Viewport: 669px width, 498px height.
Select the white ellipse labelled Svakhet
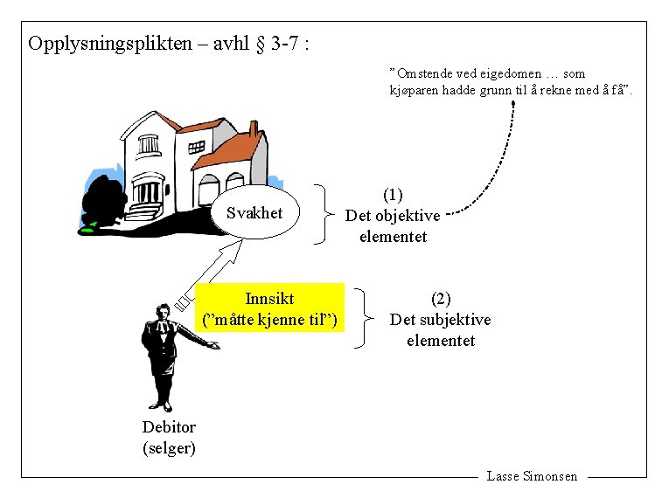pos(254,212)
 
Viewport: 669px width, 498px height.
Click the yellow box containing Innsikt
pos(269,308)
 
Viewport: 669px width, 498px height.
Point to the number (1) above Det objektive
pos(393,194)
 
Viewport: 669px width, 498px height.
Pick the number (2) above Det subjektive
pos(441,299)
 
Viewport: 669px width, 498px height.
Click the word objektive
pos(407,216)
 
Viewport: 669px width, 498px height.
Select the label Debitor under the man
pos(169,427)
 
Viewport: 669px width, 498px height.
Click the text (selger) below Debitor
pos(169,448)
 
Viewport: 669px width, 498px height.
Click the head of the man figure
pos(162,313)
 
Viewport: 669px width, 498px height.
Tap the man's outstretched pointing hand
pos(213,346)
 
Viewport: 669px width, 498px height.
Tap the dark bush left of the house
pos(104,200)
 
